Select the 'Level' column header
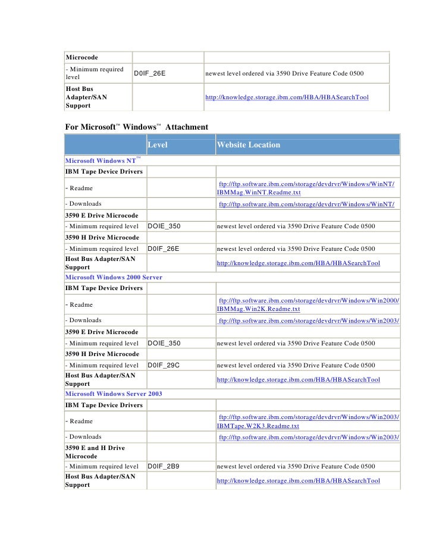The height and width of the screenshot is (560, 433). point(158,145)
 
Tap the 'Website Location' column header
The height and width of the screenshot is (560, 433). point(248,145)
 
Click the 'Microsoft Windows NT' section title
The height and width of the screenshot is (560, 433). point(101,161)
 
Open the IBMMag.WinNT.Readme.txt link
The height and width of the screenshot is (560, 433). point(259,193)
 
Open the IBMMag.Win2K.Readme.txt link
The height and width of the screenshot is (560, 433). point(259,309)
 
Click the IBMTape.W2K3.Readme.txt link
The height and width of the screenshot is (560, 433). point(258,426)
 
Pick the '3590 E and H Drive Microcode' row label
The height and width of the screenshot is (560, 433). point(95,452)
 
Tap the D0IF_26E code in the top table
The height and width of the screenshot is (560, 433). point(149,73)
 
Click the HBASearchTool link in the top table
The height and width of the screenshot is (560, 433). point(287,97)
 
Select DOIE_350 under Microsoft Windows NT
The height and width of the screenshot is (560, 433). point(164,226)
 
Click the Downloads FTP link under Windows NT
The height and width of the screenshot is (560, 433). point(307,205)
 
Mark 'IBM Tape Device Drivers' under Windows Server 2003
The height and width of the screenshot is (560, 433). point(103,405)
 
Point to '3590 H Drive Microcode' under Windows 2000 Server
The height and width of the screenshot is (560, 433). point(101,354)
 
